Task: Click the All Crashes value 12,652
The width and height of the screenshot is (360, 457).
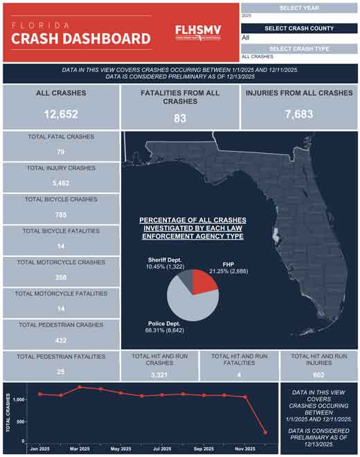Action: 60,114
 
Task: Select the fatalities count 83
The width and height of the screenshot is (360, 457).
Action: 180,118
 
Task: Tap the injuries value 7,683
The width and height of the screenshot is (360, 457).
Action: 298,114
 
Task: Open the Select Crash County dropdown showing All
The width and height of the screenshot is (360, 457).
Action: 299,37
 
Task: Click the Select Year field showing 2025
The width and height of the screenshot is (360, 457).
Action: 299,15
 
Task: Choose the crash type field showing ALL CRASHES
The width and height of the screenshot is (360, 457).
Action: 299,57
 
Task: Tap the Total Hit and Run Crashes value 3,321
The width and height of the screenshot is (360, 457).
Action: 161,375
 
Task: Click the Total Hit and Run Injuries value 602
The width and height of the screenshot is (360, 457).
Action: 318,375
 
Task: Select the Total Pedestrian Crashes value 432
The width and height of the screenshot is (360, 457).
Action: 60,341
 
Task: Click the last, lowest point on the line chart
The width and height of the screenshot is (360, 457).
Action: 265,433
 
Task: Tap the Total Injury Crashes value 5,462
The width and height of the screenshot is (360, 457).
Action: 60,183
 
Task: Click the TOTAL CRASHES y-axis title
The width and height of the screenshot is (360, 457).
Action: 8,414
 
